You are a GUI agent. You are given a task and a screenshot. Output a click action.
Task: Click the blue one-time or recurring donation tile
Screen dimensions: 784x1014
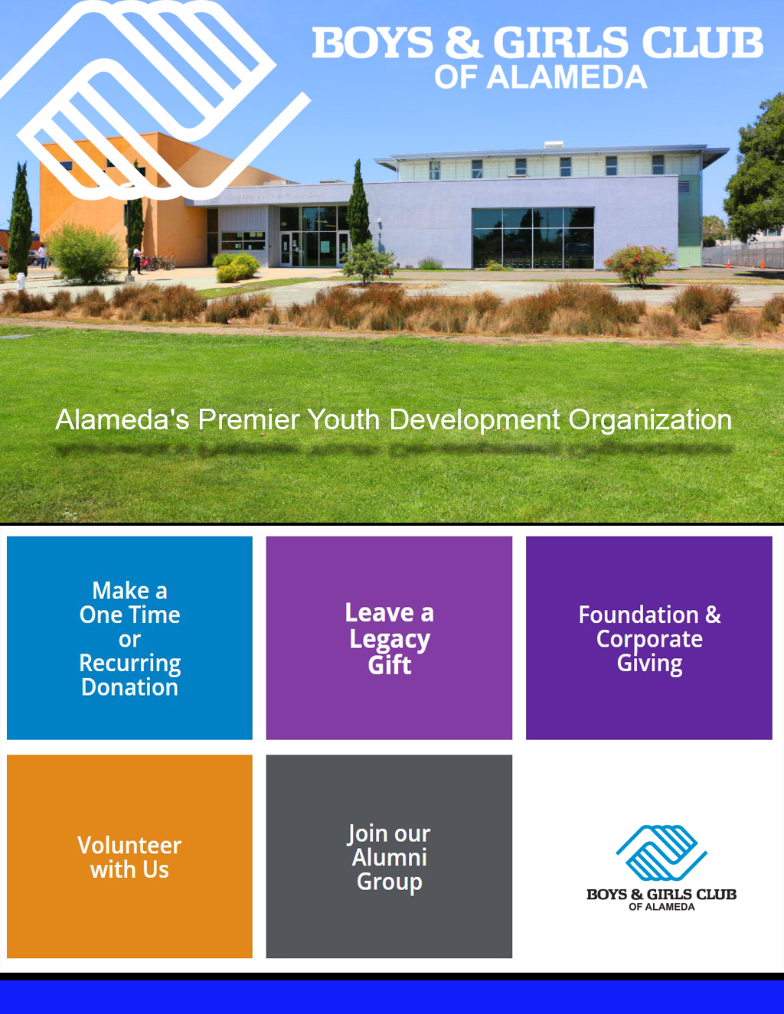coord(129,638)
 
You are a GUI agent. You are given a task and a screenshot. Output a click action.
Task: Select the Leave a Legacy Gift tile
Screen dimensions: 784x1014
coord(389,638)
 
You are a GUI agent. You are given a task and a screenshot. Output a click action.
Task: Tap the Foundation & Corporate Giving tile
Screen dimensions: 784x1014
coord(649,638)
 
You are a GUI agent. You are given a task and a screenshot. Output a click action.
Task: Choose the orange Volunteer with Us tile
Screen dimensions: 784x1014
coord(129,856)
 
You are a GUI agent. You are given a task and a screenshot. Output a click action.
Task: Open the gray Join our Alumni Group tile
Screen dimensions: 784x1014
coord(389,856)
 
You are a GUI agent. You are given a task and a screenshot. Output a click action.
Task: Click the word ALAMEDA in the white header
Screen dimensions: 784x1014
coord(567,77)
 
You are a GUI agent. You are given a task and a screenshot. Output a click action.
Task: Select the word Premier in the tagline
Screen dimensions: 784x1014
coord(248,419)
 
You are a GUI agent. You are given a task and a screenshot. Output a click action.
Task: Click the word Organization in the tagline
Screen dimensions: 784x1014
coord(649,420)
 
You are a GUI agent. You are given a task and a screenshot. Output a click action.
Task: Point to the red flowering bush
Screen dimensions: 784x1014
coord(639,264)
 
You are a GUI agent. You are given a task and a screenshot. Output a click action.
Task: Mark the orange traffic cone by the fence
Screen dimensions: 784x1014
coord(763,264)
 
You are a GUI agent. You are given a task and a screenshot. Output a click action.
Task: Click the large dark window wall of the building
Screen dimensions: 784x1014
coord(533,238)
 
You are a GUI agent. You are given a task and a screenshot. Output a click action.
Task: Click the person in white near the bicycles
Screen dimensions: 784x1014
coord(137,259)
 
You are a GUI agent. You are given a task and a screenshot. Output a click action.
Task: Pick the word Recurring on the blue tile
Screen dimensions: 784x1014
coord(129,663)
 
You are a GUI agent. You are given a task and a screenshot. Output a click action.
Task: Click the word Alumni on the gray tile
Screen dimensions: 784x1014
coord(389,857)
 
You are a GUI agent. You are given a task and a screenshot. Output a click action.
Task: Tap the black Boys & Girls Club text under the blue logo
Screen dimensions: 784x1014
coord(661,895)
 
